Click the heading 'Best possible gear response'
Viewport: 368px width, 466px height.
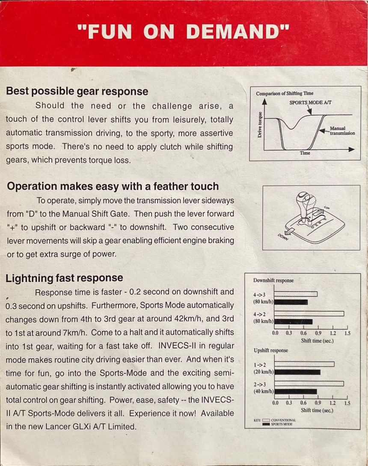tap(77, 91)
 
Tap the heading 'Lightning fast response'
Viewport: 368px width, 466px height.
tap(64, 278)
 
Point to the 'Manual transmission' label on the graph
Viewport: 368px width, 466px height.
tap(342, 131)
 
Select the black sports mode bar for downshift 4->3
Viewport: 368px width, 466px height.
tap(291, 302)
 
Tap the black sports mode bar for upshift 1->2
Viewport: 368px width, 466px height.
tap(297, 372)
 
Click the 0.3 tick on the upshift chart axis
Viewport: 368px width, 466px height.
tap(289, 403)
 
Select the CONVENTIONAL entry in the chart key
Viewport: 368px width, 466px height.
tap(282, 420)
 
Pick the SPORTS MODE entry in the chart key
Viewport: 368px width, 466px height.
tap(282, 424)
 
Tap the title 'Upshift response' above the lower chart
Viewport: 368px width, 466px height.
tap(271, 350)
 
